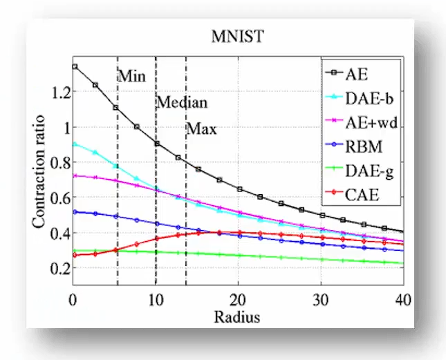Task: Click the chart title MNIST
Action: click(237, 37)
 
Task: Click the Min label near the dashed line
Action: click(131, 76)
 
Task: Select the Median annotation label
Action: click(181, 102)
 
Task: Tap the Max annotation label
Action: click(202, 129)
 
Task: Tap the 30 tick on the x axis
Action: click(320, 302)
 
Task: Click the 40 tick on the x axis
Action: click(402, 302)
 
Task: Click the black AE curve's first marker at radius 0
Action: click(74, 67)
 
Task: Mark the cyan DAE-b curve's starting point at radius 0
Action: click(74, 144)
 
